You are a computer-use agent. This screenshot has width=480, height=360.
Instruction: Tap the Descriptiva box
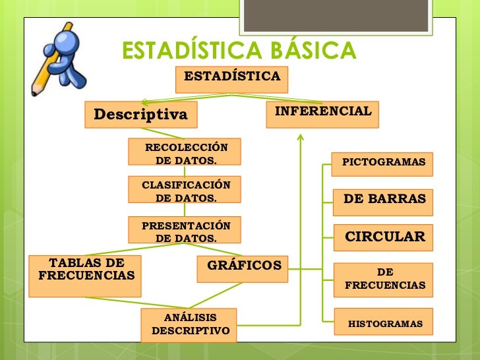click(141, 115)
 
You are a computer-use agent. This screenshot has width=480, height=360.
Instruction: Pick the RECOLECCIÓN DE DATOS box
click(185, 152)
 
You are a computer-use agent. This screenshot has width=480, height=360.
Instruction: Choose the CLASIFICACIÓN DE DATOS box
click(185, 191)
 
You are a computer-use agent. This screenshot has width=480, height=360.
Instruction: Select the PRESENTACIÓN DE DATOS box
click(185, 230)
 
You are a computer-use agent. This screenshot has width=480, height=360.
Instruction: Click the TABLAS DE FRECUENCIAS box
click(86, 275)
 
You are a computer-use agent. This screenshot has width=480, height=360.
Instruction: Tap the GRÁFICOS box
click(244, 268)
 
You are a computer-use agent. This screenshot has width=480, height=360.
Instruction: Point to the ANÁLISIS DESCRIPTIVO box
click(189, 324)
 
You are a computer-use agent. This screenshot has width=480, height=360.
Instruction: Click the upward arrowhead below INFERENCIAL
click(301, 138)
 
